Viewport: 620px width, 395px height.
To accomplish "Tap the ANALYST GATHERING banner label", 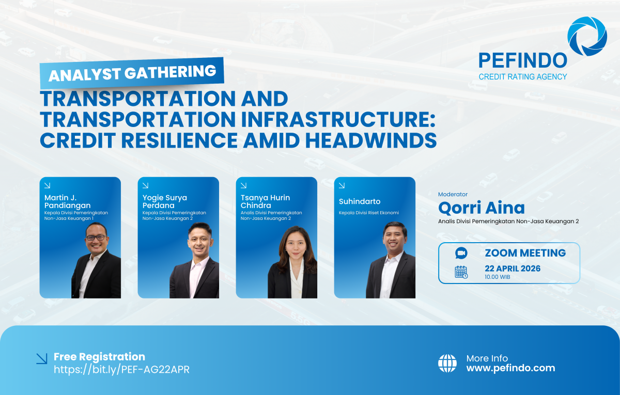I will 132,73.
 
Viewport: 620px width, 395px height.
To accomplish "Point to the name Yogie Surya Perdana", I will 164,202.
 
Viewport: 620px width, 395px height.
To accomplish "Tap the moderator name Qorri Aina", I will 481,208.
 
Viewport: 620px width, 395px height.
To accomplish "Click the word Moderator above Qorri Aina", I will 453,194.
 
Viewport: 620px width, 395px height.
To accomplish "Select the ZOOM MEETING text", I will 525,253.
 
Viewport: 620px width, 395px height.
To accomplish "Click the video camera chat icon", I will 461,253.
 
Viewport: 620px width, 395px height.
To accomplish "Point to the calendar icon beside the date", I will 461,272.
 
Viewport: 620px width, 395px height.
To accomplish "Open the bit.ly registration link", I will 121,370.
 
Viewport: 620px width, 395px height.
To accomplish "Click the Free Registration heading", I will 99,357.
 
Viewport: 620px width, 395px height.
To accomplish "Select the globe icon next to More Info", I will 447,363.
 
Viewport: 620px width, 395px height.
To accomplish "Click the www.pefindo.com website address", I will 510,368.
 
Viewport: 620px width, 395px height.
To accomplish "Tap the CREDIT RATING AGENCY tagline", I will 522,77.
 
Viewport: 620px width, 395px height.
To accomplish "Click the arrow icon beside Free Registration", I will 41,358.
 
